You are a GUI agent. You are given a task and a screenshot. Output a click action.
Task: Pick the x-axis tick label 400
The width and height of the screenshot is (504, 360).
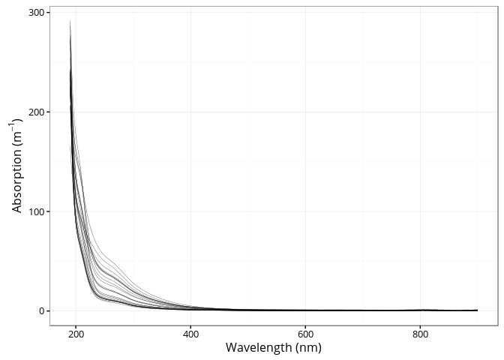click(x=190, y=334)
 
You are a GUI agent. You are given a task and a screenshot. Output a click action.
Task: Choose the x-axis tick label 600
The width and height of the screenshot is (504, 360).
click(x=305, y=334)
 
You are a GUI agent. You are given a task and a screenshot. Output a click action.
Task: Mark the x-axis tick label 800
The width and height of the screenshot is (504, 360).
click(x=420, y=334)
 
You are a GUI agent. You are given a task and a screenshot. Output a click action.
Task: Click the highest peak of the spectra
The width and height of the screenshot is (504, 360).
click(x=70, y=21)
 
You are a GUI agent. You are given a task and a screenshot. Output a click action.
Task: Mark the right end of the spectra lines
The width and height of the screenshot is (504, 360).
click(x=477, y=310)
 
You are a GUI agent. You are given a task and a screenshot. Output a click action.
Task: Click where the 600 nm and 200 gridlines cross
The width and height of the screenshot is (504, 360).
click(x=305, y=112)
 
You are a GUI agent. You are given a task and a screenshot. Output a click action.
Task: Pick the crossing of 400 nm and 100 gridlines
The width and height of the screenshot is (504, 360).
click(x=190, y=211)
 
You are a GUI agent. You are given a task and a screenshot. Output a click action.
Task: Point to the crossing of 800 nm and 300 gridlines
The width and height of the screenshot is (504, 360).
click(x=420, y=13)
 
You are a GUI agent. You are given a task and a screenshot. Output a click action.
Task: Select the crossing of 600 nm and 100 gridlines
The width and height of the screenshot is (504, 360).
click(x=305, y=211)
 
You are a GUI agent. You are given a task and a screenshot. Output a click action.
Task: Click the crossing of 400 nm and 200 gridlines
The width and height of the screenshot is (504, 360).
click(x=190, y=112)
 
